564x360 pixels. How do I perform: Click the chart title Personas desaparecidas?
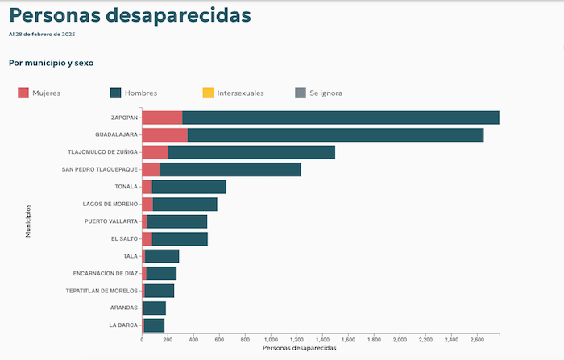(130, 15)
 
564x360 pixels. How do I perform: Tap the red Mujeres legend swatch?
(23, 93)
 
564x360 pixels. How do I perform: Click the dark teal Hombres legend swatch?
(115, 93)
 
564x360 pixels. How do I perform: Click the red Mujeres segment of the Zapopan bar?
(162, 118)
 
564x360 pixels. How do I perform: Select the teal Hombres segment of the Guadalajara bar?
(335, 134)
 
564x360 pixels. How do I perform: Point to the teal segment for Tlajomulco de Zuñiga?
(251, 152)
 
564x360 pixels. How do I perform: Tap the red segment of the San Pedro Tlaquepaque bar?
(151, 169)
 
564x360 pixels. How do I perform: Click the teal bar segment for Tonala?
(189, 187)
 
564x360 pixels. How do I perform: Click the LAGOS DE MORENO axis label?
(110, 204)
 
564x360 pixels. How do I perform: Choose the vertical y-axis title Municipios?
(27, 221)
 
